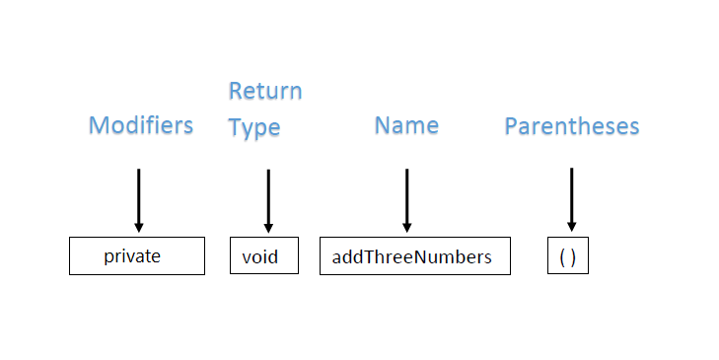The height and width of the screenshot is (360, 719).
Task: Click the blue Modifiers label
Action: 141,125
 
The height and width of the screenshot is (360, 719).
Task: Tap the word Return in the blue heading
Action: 265,92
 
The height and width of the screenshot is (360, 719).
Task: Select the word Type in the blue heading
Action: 254,128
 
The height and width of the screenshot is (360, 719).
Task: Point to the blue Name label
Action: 406,125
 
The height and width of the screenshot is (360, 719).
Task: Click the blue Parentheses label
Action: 572,126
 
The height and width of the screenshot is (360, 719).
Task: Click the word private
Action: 132,256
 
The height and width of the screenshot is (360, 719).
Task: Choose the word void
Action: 260,257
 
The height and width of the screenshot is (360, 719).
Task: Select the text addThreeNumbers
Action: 411,257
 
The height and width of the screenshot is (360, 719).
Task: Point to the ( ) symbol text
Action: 567,257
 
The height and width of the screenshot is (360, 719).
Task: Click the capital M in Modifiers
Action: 98,125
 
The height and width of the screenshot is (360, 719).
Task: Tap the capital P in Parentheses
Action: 512,126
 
